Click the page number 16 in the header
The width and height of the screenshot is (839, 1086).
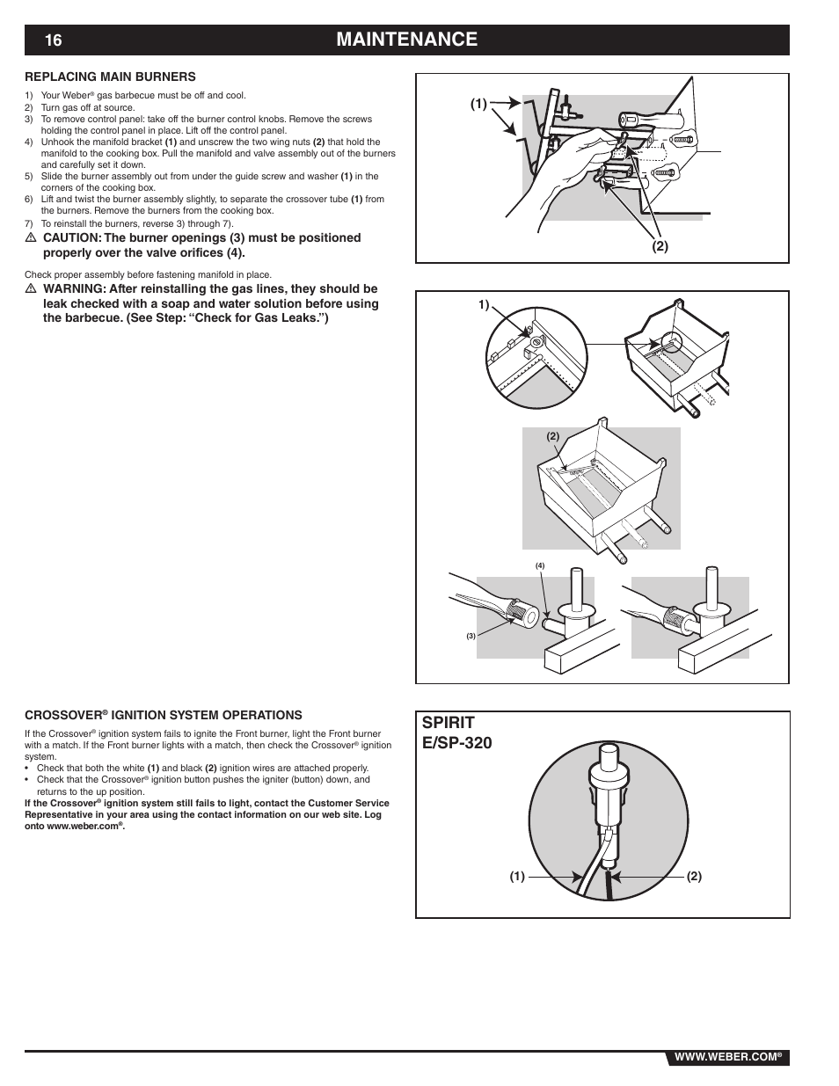54,40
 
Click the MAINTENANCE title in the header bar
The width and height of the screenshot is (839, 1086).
406,40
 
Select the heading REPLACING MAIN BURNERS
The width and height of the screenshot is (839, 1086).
110,77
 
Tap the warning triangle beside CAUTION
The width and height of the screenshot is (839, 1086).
30,238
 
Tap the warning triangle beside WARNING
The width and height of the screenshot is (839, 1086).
30,289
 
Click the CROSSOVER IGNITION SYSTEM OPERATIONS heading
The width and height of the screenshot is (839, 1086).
163,715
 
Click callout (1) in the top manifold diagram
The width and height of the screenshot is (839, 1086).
478,104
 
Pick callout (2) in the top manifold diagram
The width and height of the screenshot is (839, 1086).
660,247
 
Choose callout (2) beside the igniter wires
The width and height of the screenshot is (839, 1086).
694,877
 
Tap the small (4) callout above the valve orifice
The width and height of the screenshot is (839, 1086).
540,565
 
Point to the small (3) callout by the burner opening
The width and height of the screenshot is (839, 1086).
471,636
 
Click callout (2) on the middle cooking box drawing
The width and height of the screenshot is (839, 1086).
553,436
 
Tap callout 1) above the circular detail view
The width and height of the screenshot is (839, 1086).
483,305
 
